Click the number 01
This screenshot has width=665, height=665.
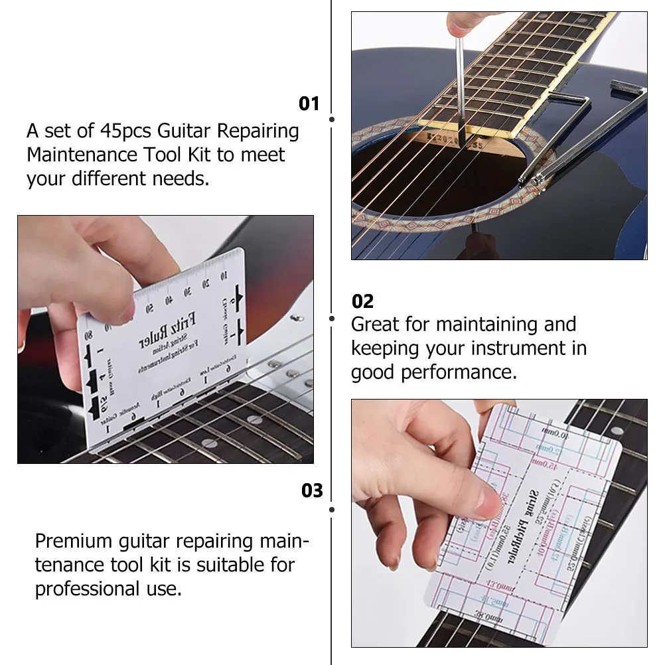coord(309,104)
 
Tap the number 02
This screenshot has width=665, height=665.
coord(362,301)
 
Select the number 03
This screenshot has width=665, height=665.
coord(311,490)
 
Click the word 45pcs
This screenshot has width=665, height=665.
coord(126,131)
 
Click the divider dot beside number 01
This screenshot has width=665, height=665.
coord(332,119)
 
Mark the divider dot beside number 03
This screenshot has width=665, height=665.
coord(332,509)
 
